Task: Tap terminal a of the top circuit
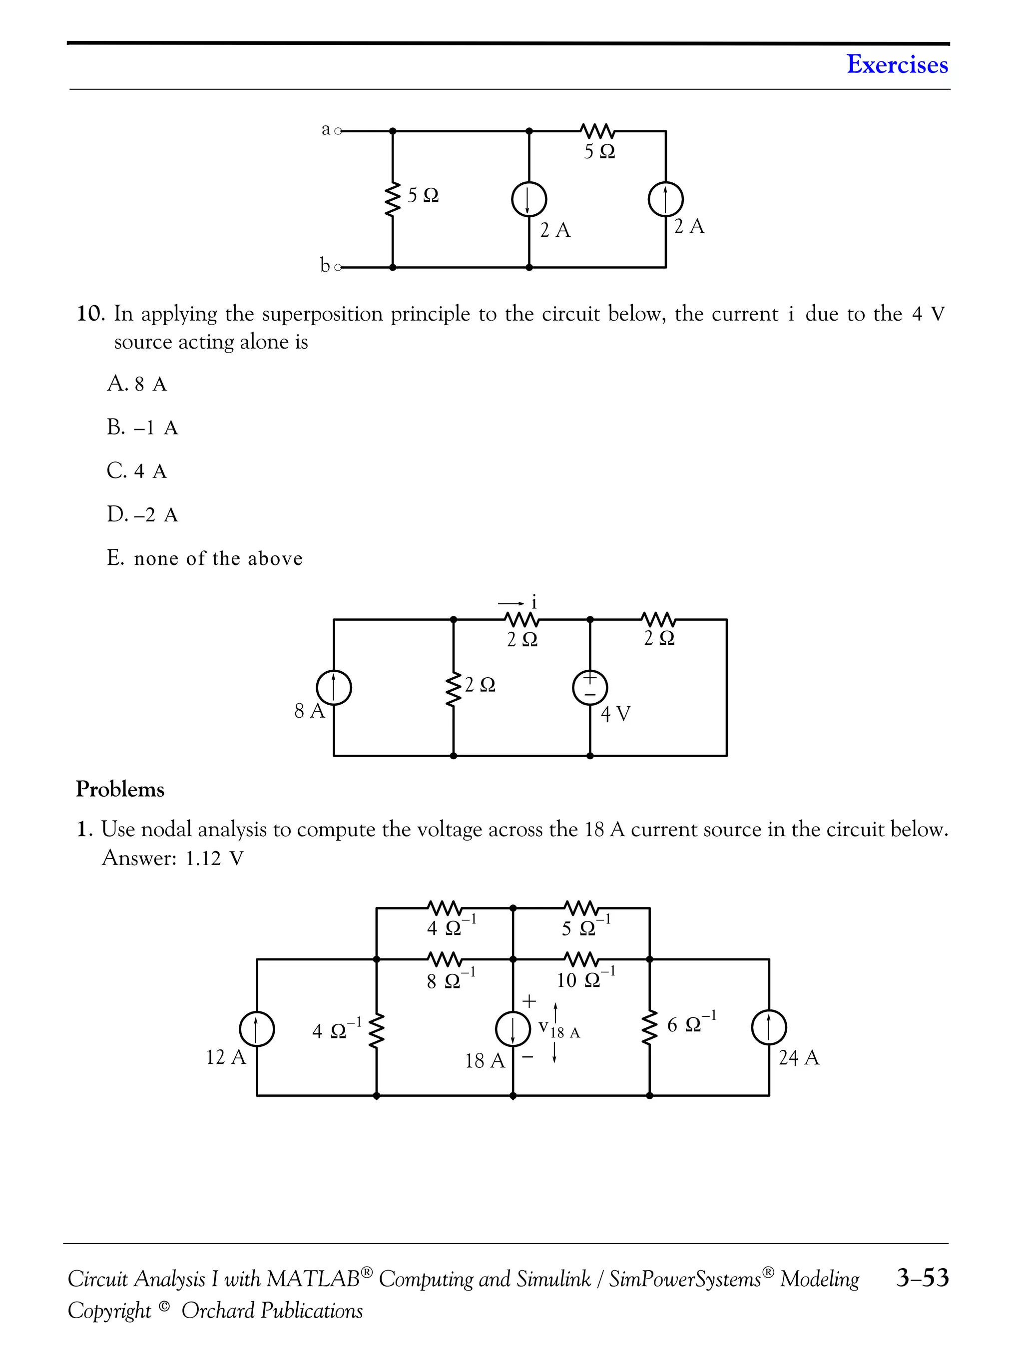point(337,131)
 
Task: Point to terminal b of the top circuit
point(337,268)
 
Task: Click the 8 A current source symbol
point(334,688)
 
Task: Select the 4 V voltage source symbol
point(590,687)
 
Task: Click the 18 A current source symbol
point(513,1028)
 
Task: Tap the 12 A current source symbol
point(257,1028)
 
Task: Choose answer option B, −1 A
point(142,428)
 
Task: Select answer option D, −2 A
point(142,514)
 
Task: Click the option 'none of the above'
point(205,558)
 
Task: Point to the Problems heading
point(120,789)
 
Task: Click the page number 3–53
point(923,1277)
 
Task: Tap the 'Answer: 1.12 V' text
point(173,858)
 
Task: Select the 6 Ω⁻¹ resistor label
point(691,1023)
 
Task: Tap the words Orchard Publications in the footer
point(272,1311)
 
